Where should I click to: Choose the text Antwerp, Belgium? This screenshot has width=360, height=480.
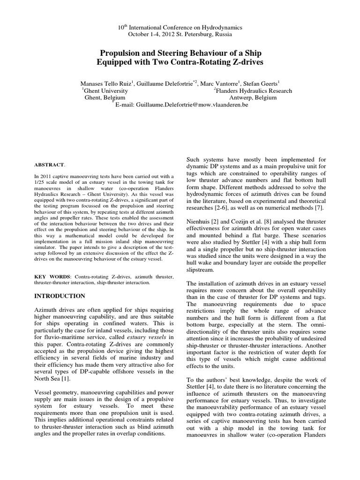tap(253, 98)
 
